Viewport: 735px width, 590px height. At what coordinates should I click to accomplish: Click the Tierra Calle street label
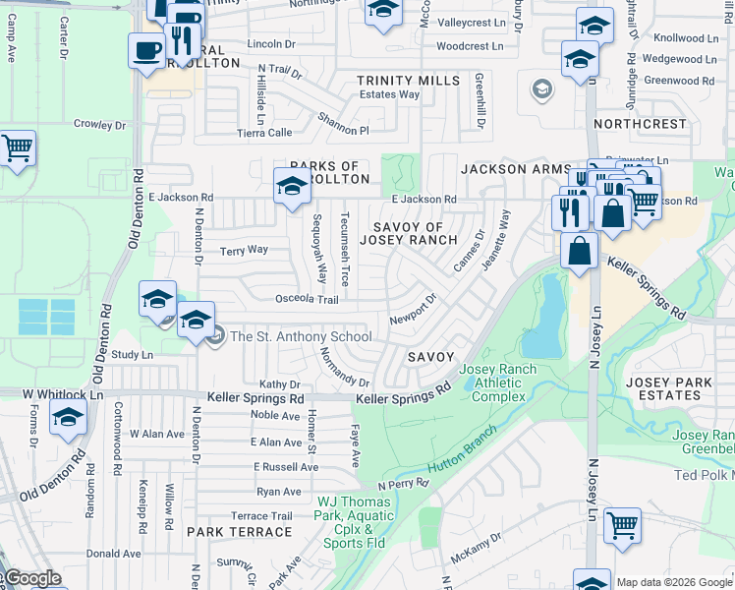(265, 132)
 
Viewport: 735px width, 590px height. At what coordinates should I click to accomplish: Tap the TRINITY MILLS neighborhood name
(407, 81)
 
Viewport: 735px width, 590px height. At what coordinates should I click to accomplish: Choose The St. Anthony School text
(300, 337)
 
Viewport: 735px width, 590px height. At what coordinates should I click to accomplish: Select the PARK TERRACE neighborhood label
(239, 532)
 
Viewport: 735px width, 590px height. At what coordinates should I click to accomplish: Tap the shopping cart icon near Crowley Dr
(17, 148)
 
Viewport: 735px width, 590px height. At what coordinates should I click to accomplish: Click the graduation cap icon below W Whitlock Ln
(68, 418)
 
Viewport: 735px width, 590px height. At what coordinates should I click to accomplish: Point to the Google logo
(31, 578)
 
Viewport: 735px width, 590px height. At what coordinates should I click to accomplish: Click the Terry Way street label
(244, 250)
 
